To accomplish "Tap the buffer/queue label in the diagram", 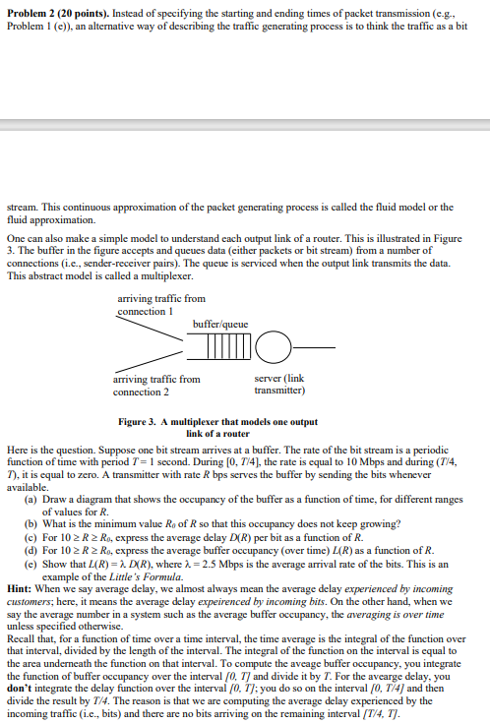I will click(219, 324).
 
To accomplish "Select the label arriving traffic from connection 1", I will click(160, 304).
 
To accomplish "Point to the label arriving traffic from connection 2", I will click(160, 385).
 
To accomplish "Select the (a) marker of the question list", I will click(31, 500).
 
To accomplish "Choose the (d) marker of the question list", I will click(31, 551).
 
